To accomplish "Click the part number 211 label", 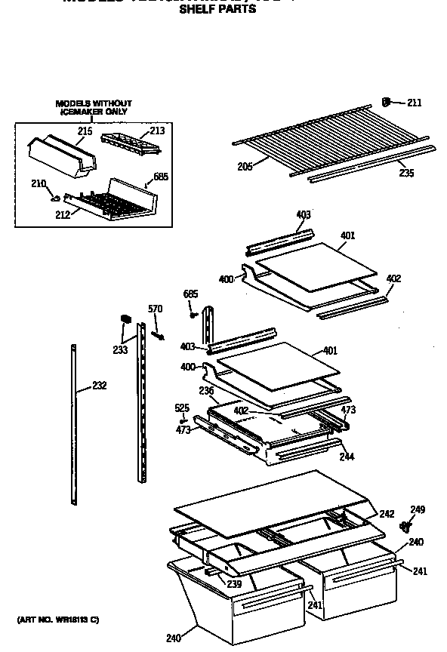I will [x=415, y=103].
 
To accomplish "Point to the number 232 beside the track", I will [x=99, y=386].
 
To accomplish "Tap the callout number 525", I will [x=182, y=408].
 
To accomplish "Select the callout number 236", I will [x=206, y=390].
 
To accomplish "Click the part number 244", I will [x=347, y=457].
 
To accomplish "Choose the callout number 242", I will [x=387, y=514].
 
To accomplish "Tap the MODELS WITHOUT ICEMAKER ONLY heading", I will [x=94, y=107].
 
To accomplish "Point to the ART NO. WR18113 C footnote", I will [x=58, y=620].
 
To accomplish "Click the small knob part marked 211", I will [x=387, y=102].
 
